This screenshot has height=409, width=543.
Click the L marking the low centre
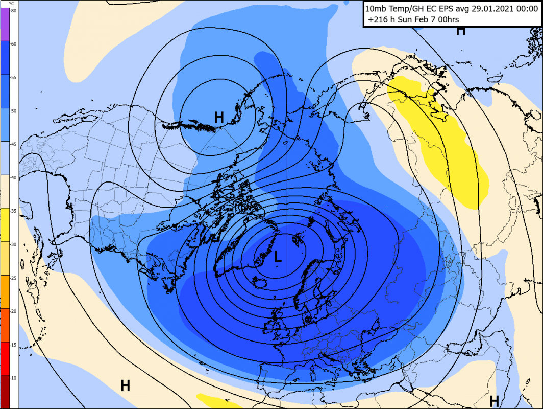tap(278, 257)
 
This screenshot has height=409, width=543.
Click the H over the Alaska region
tap(219, 117)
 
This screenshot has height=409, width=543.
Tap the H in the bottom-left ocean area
tap(125, 386)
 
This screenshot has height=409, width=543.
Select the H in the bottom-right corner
tap(494, 400)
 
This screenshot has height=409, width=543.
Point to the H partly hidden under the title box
tap(461, 31)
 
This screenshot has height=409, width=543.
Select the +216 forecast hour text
tap(378, 20)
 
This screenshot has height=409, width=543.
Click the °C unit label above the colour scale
tap(12, 4)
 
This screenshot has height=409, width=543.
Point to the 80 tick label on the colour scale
tap(14, 11)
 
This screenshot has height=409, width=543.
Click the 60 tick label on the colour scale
tap(14, 44)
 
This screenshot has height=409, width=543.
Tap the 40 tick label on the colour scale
tap(14, 177)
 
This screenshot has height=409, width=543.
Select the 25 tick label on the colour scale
tap(14, 278)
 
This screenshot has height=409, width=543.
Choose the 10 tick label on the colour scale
tap(14, 377)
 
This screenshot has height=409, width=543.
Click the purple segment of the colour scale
tap(5, 25)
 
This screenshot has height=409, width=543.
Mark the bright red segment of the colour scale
tap(5, 358)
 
